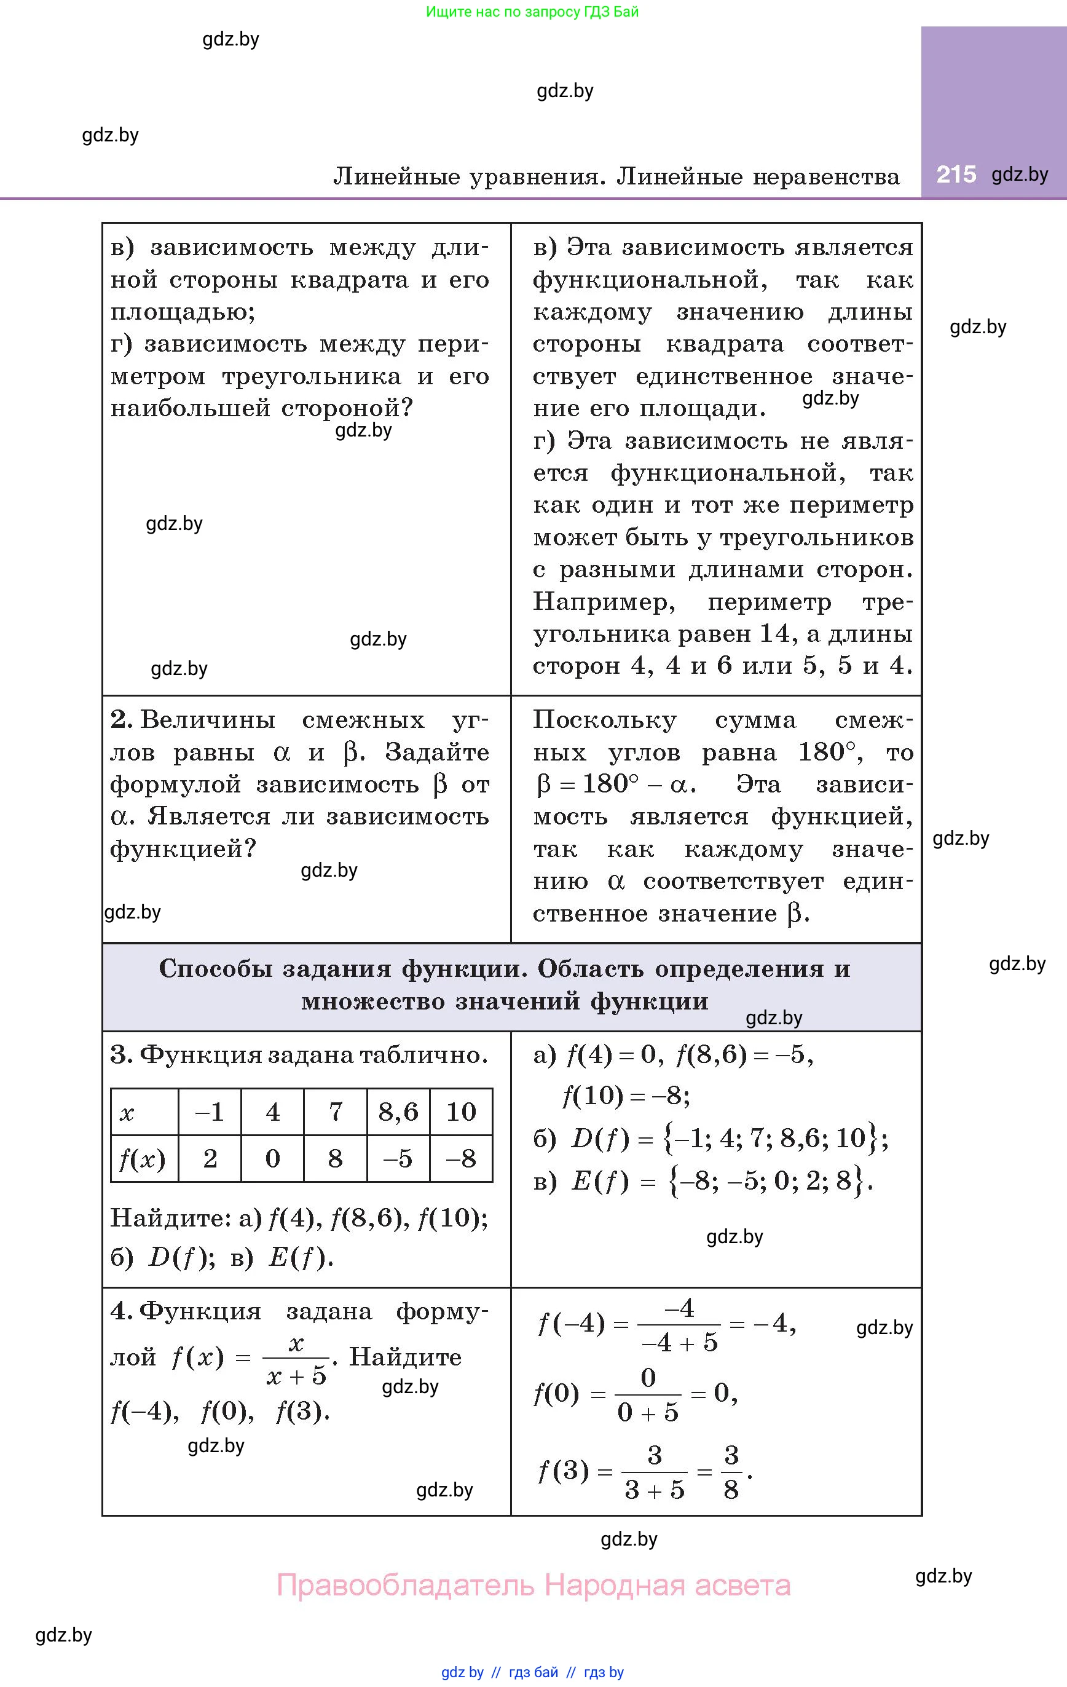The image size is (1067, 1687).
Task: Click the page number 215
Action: [x=956, y=175]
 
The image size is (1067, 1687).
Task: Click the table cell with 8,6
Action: [x=398, y=1112]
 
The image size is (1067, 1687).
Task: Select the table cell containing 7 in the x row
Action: [x=336, y=1112]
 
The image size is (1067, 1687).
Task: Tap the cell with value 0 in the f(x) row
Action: [x=272, y=1159]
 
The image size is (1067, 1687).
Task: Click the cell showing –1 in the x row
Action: [x=209, y=1112]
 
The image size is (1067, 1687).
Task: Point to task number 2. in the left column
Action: [x=121, y=719]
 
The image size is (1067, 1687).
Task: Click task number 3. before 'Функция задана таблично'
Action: [x=121, y=1055]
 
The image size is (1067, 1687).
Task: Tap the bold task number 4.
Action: [x=121, y=1311]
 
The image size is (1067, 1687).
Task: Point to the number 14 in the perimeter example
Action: [x=774, y=633]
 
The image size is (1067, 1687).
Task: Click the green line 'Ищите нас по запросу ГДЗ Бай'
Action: [x=532, y=12]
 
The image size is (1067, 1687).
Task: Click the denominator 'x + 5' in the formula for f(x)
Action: [x=296, y=1376]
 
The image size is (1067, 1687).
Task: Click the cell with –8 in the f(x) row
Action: [x=460, y=1159]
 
